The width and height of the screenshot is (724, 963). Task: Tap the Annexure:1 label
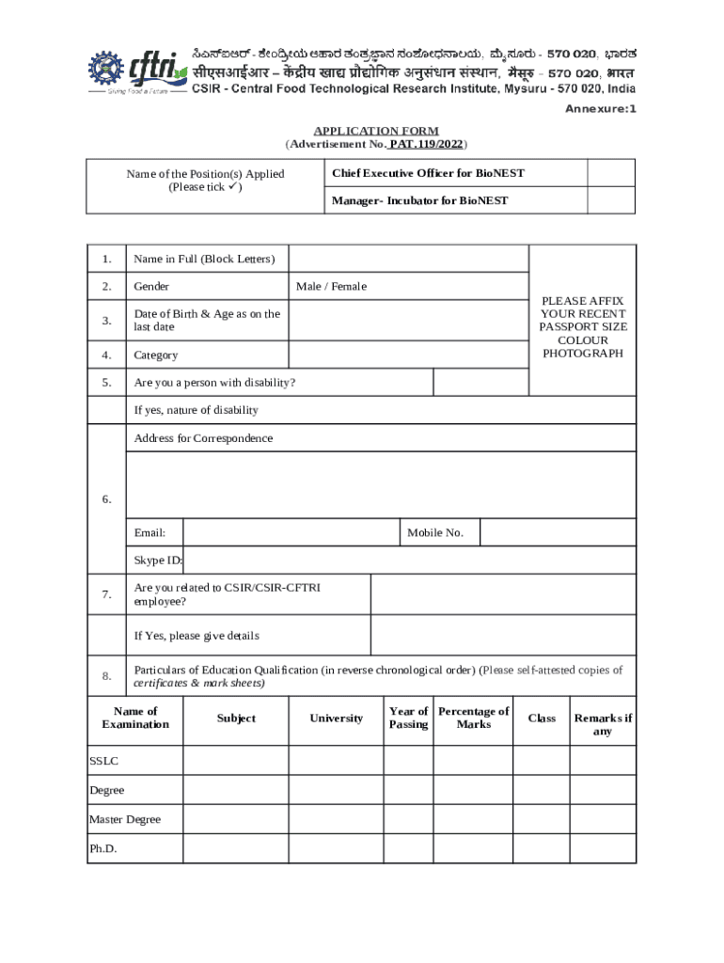(600, 109)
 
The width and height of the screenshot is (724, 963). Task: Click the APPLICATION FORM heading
(376, 131)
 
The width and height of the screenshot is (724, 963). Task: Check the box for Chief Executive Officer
(611, 173)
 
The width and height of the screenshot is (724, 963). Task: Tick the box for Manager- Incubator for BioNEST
(611, 200)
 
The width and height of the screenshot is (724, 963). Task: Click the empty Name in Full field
(408, 259)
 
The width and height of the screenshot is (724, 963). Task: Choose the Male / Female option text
(331, 286)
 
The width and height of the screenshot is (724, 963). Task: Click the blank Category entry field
(408, 355)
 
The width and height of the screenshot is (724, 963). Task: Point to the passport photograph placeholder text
(583, 327)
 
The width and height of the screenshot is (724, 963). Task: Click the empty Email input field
(291, 532)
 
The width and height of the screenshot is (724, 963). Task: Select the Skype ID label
(158, 560)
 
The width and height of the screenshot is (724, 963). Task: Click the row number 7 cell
(106, 593)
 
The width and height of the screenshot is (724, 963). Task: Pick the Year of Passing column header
(408, 718)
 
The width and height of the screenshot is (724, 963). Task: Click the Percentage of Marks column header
(473, 718)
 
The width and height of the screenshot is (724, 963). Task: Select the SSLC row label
(104, 760)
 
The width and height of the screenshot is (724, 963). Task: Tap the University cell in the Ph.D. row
(336, 848)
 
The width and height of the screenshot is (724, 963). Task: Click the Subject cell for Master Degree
(235, 819)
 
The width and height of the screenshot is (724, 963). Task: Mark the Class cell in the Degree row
(541, 790)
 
